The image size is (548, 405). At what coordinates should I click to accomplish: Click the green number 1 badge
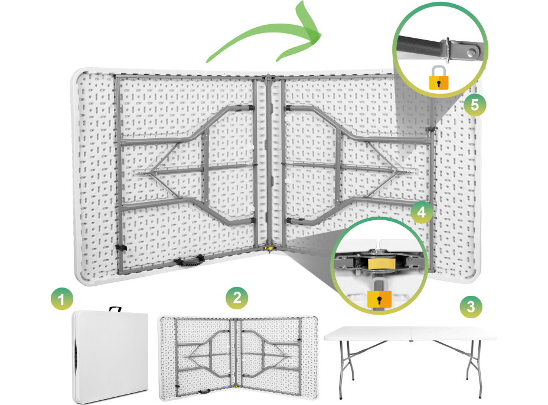coord(60,300)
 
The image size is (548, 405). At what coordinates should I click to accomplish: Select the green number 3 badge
coord(470,306)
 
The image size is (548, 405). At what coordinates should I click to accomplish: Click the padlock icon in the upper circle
coord(438,78)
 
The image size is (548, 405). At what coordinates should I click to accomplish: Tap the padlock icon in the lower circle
coord(379,298)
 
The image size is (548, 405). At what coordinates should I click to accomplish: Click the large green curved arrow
coord(266,38)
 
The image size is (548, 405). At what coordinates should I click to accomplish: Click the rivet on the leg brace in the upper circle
coord(471,54)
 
